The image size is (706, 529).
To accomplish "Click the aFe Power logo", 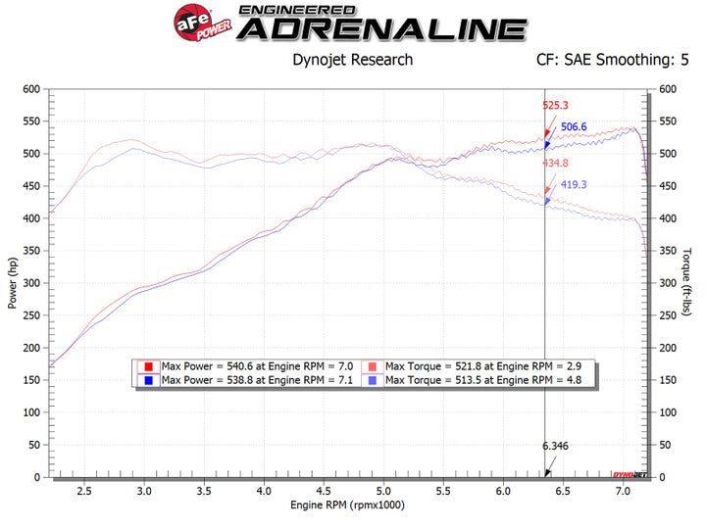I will click(197, 21).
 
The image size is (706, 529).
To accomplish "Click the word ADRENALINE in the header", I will click(382, 28).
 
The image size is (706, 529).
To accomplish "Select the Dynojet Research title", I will click(353, 60).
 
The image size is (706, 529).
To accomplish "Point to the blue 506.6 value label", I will click(574, 126).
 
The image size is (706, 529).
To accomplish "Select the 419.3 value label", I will click(574, 184).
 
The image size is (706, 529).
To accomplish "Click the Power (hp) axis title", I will click(13, 283).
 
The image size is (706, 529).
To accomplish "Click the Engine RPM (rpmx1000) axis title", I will click(348, 505).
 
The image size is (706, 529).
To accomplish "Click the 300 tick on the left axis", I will click(32, 283).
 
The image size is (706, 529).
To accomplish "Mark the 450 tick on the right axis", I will click(670, 186).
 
